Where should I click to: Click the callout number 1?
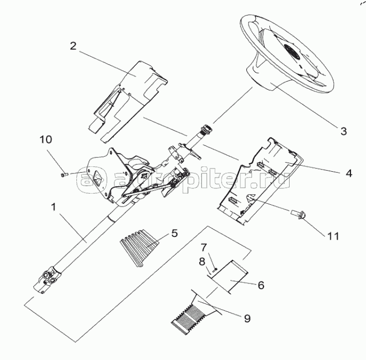pos(54,207)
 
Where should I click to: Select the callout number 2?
pos(73,46)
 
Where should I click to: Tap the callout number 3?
pos(344,131)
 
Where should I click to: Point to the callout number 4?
pos(349,173)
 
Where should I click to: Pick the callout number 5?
pos(175,233)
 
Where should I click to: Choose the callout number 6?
pos(261,285)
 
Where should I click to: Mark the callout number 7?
pos(204,247)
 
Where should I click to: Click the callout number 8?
pos(202,262)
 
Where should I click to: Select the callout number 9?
pos(247,318)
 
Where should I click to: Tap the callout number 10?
pos(46,140)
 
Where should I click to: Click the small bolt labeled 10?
pos(64,175)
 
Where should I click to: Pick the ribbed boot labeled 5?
pos(139,248)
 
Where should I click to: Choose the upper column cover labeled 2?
pos(128,102)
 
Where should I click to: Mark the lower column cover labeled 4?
pos(260,181)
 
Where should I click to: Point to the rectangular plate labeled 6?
pos(229,275)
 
